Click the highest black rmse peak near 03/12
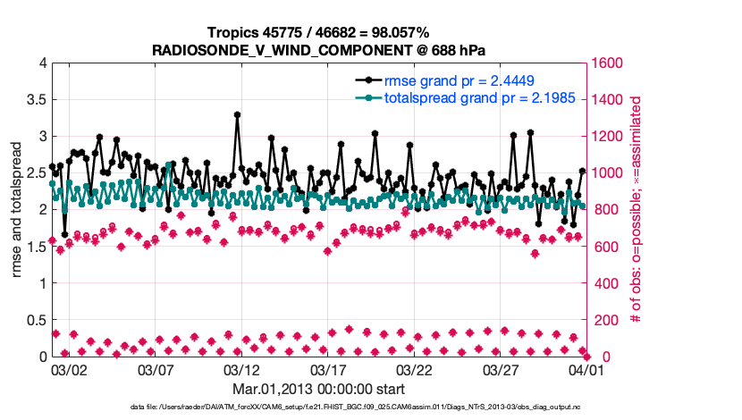[x=237, y=114]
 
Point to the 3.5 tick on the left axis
[x=33, y=100]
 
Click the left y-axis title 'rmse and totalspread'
[x=16, y=210]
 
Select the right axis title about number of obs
[x=637, y=210]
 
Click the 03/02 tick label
[x=70, y=369]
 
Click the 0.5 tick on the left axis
[x=33, y=320]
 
